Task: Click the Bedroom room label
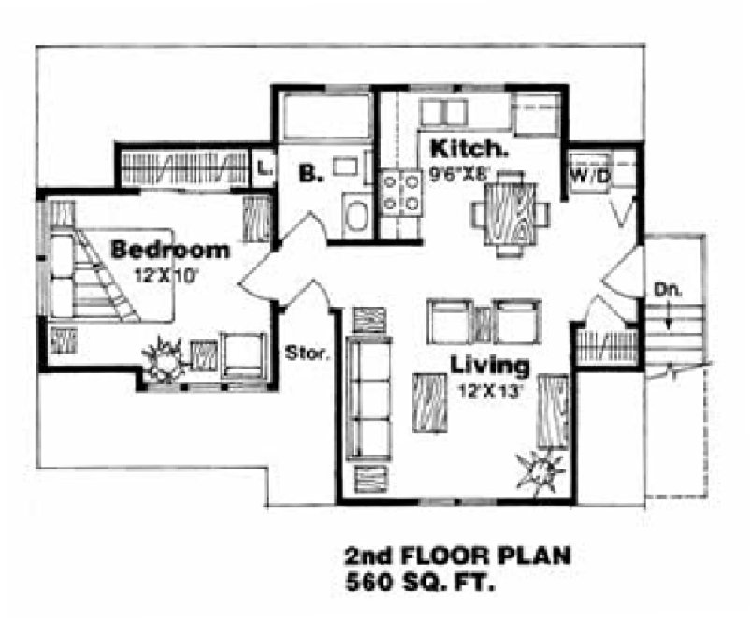coord(170,250)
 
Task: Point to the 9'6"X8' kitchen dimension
coord(459,172)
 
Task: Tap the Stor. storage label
coord(303,354)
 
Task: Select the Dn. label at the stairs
coord(665,289)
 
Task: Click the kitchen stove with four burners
coord(399,193)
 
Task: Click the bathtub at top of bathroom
coord(324,121)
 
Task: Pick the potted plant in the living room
coord(542,467)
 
